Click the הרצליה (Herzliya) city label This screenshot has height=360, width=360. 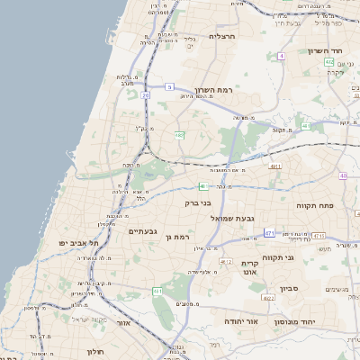point(220,37)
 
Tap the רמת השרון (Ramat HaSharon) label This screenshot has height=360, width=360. point(214,91)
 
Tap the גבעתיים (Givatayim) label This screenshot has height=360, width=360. point(143,231)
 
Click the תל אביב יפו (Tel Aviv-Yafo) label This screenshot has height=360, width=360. point(78,243)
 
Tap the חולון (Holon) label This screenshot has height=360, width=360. point(94,351)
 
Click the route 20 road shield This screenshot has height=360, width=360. point(145,94)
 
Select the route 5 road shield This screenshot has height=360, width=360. point(169,86)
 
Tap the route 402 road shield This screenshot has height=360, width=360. point(329,61)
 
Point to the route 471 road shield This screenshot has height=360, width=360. point(269,232)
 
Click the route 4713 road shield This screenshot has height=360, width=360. point(319,236)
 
